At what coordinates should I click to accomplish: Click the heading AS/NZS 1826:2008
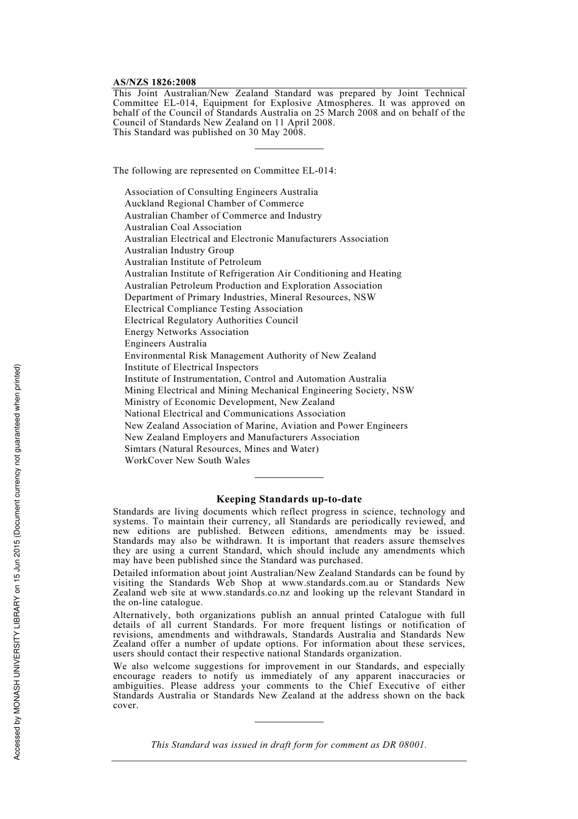pos(155,82)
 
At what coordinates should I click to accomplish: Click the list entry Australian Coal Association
pos(183,227)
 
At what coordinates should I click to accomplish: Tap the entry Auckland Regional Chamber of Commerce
pos(214,203)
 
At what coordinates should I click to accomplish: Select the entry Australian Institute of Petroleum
pos(193,262)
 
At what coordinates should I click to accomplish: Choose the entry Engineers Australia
pos(165,343)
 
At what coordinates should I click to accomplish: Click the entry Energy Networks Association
pos(187,332)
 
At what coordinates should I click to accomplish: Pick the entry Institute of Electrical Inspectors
pos(192,367)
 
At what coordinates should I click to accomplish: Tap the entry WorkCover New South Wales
pos(187,460)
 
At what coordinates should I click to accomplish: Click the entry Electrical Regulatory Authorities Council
pos(211,320)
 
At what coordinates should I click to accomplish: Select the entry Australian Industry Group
pos(179,250)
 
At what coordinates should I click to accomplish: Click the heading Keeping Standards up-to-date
pos(289,499)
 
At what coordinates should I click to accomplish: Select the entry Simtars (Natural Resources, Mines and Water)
pos(221,449)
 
